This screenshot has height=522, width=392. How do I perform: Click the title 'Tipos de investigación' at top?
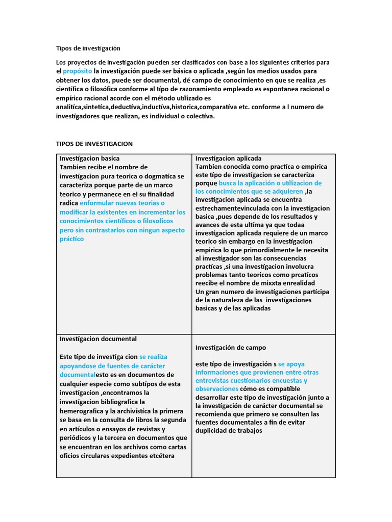(x=88, y=48)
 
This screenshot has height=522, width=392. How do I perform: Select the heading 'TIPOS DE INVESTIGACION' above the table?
(x=94, y=144)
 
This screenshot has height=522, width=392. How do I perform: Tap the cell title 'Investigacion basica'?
(x=89, y=159)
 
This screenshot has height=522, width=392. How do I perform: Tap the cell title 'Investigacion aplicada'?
(x=228, y=159)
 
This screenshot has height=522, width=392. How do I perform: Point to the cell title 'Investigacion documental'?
(x=98, y=338)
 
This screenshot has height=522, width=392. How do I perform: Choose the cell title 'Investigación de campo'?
(x=230, y=347)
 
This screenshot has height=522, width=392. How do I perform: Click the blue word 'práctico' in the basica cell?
(x=71, y=239)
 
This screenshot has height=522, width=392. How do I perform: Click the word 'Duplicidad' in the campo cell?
(x=214, y=430)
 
